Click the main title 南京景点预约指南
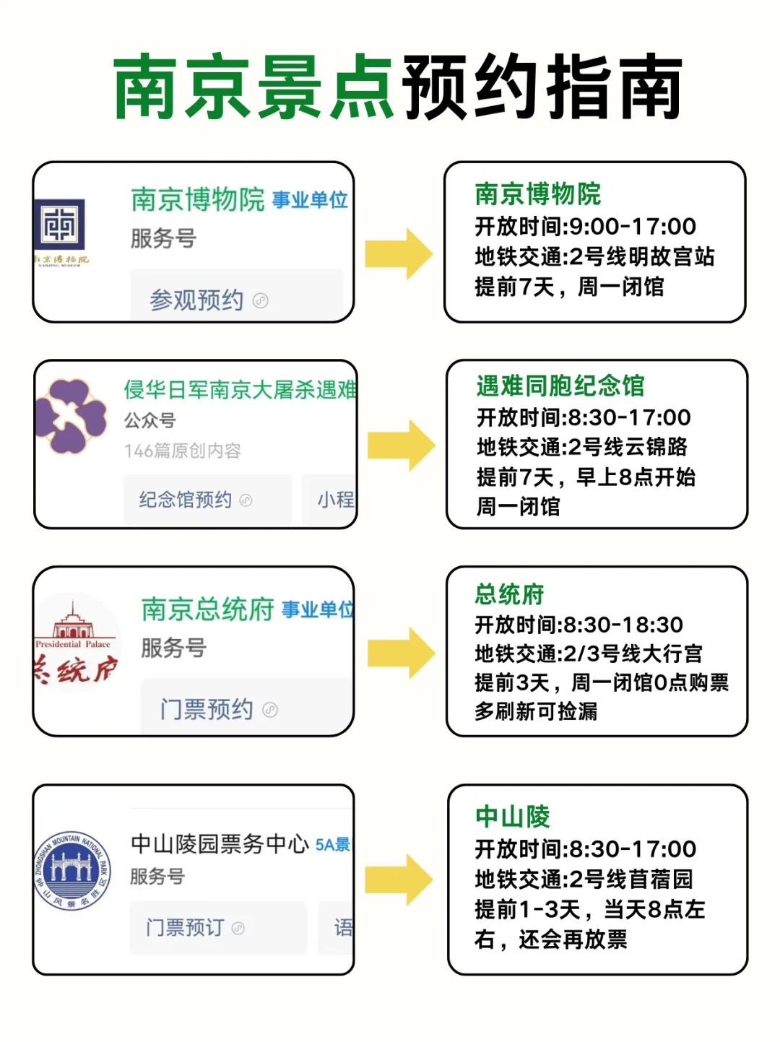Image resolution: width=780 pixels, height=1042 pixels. (x=397, y=87)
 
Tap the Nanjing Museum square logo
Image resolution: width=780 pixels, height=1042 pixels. (x=61, y=225)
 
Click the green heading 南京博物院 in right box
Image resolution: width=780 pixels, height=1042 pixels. (x=537, y=194)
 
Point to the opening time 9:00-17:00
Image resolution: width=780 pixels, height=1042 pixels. (x=632, y=227)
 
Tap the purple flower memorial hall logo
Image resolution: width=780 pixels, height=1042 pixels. (x=71, y=417)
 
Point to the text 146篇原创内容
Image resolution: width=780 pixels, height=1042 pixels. (x=182, y=451)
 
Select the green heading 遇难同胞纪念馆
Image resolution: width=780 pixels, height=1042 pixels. (x=560, y=386)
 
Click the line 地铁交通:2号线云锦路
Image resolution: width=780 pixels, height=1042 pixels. (x=581, y=447)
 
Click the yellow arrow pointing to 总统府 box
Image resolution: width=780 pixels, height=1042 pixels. (x=401, y=653)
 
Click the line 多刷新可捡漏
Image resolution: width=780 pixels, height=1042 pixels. (x=535, y=711)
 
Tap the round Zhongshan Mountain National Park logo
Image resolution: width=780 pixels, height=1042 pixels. (x=72, y=870)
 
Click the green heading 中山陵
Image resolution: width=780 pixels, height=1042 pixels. (x=512, y=817)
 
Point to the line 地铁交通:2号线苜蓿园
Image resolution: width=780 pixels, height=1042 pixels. (x=584, y=880)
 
